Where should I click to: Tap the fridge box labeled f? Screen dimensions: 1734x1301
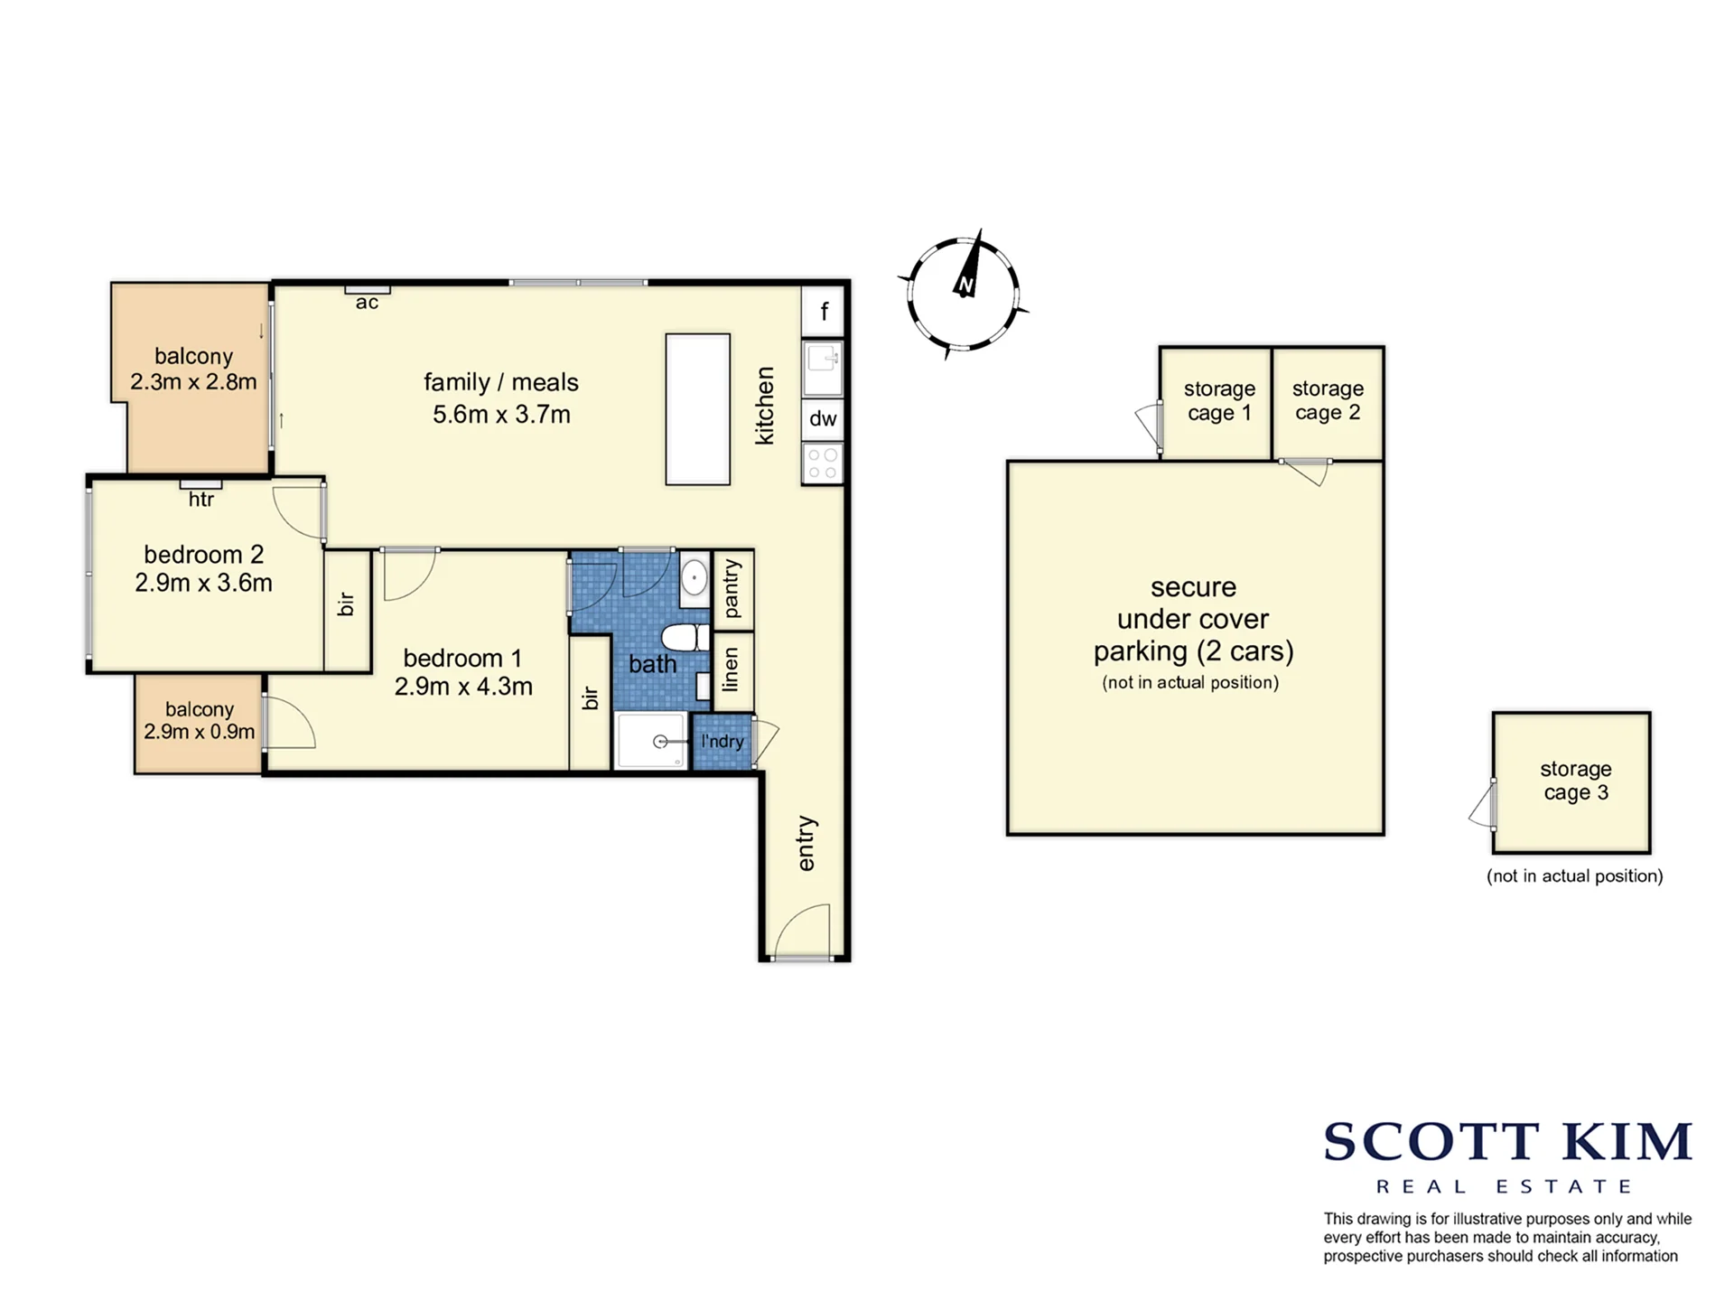[823, 312]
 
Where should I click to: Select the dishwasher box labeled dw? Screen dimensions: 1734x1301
[823, 419]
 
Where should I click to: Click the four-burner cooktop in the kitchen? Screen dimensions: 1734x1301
[823, 463]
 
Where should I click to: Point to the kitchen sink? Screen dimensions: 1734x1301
[823, 369]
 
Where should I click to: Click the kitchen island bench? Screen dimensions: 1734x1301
[698, 409]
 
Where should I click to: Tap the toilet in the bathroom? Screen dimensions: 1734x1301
[686, 637]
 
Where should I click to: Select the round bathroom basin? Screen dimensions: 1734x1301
[695, 576]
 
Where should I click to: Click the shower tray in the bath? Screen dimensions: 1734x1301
[651, 741]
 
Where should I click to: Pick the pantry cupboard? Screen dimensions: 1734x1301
[733, 589]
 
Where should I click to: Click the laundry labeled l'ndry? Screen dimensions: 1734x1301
[722, 742]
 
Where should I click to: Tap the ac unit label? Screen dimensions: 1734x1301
[367, 303]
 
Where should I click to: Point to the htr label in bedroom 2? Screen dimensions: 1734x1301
[201, 500]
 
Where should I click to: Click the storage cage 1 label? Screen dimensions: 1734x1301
[1219, 400]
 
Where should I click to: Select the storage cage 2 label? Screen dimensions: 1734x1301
[1328, 400]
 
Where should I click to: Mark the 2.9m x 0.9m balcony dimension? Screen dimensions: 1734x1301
[199, 732]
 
